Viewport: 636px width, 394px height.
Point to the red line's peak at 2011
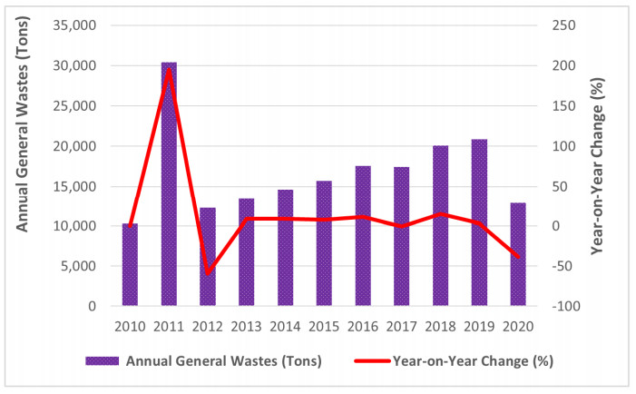click(x=169, y=69)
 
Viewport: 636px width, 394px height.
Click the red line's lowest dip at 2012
click(x=208, y=273)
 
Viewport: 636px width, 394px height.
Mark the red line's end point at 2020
click(x=518, y=258)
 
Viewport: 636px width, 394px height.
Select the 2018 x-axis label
click(x=440, y=326)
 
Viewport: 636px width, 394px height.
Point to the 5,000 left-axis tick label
click(x=81, y=266)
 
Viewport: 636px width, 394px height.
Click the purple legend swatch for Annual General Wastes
click(x=98, y=360)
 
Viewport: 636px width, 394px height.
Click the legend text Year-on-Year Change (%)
click(x=473, y=360)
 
